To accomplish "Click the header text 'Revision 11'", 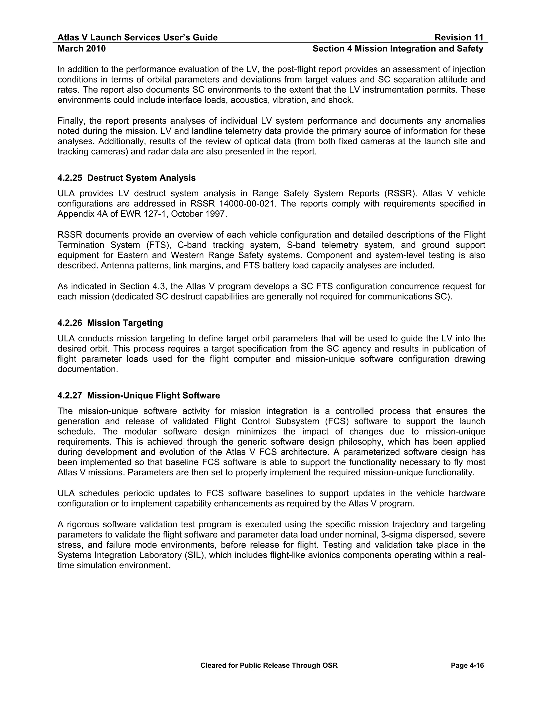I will (459, 38).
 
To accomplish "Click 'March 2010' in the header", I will (81, 49).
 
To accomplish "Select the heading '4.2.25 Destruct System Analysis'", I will (126, 178).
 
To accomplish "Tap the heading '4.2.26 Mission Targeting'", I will (110, 323).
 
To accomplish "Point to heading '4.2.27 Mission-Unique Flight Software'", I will (139, 396).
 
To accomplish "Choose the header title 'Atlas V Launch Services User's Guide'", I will (137, 38).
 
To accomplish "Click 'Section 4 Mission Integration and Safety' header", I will (398, 49).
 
